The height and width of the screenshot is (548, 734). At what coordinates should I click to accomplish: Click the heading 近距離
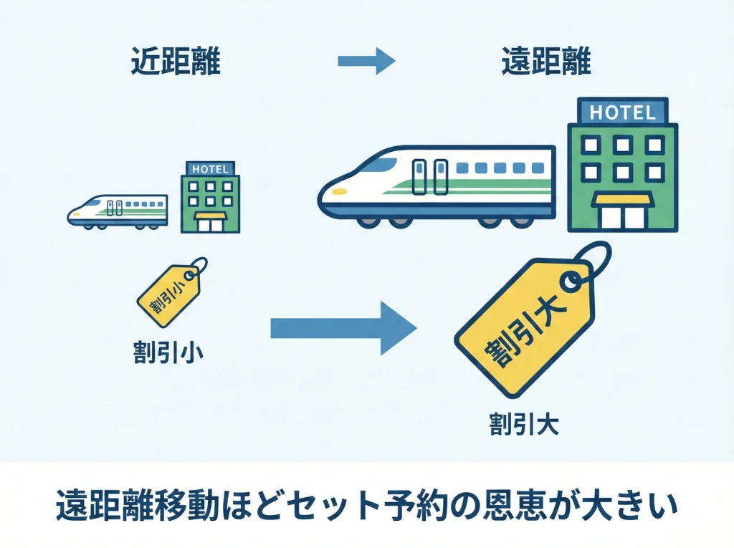176,63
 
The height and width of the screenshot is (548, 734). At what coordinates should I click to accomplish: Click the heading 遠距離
546,63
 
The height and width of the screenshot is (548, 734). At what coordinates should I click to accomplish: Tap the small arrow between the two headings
366,62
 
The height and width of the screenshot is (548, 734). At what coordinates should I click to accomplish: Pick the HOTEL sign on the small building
210,170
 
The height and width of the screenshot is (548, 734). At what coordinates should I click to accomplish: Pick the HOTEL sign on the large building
621,112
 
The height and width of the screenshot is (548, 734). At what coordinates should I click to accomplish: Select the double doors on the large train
430,177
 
